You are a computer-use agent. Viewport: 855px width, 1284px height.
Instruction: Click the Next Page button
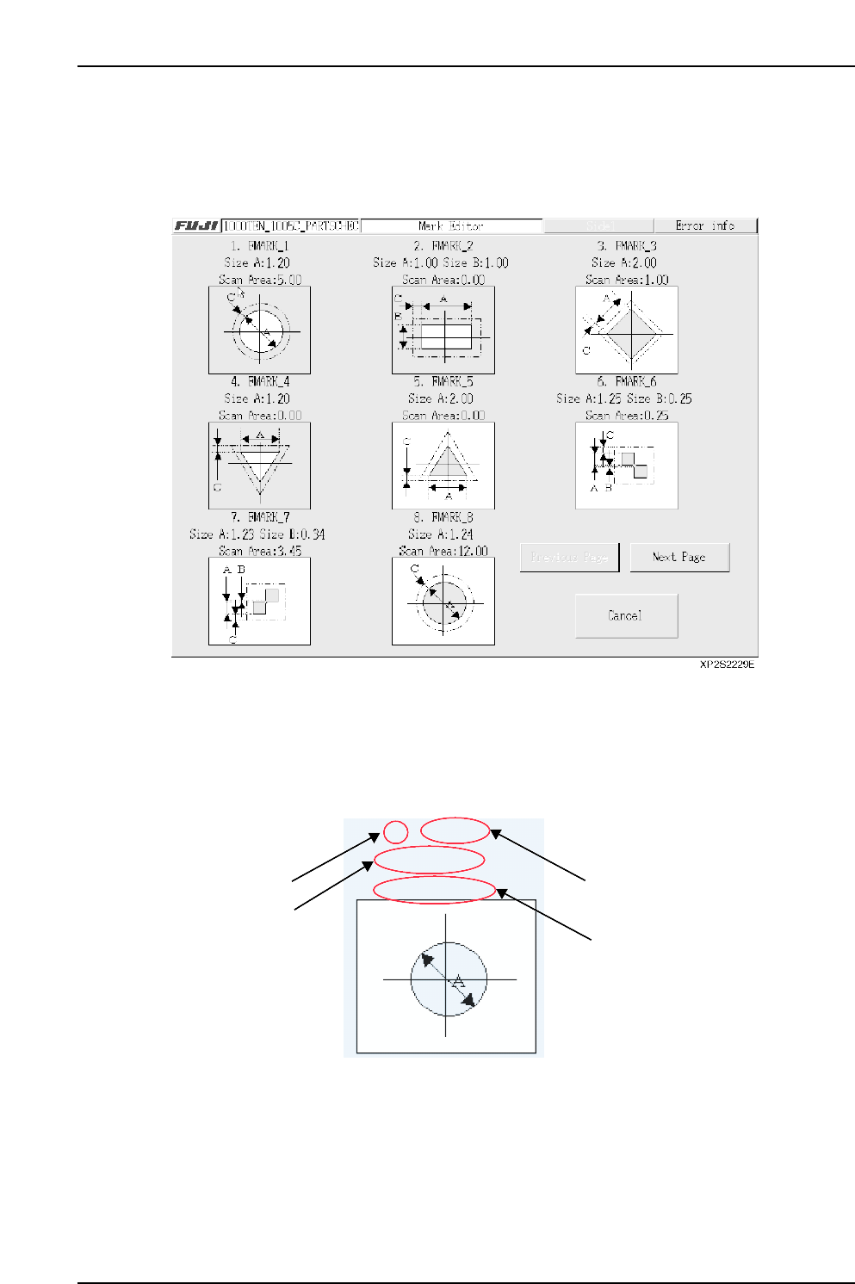click(679, 558)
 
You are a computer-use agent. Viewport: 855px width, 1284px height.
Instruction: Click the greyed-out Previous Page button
click(569, 558)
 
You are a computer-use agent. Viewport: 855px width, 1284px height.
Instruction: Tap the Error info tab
click(705, 225)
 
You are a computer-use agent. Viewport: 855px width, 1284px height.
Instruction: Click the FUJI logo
click(196, 225)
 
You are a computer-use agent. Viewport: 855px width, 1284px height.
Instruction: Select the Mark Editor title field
click(451, 225)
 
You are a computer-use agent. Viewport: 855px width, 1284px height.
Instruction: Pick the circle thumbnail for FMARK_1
click(259, 330)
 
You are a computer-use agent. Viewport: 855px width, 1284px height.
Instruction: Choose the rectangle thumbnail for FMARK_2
click(443, 330)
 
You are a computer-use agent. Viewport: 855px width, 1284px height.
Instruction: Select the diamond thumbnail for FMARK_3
click(626, 330)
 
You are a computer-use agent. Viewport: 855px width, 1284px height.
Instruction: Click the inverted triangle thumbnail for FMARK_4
click(259, 466)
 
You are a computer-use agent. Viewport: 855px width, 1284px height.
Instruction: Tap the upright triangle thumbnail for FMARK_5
click(443, 466)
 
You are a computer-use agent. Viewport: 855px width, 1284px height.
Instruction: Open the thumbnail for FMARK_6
click(626, 466)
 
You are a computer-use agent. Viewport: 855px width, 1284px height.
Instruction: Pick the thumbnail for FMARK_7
click(259, 601)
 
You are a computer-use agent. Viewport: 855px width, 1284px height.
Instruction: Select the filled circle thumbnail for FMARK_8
click(443, 601)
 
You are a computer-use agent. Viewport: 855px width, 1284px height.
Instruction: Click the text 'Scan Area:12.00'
click(443, 551)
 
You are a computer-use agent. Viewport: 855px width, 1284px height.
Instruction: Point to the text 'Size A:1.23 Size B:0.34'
click(257, 534)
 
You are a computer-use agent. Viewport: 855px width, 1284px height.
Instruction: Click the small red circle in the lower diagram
click(395, 832)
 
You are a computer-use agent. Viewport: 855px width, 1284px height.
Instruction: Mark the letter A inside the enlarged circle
click(459, 981)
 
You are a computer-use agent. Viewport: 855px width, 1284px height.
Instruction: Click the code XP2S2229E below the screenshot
click(727, 664)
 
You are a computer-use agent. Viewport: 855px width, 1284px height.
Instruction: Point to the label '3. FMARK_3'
click(626, 246)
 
